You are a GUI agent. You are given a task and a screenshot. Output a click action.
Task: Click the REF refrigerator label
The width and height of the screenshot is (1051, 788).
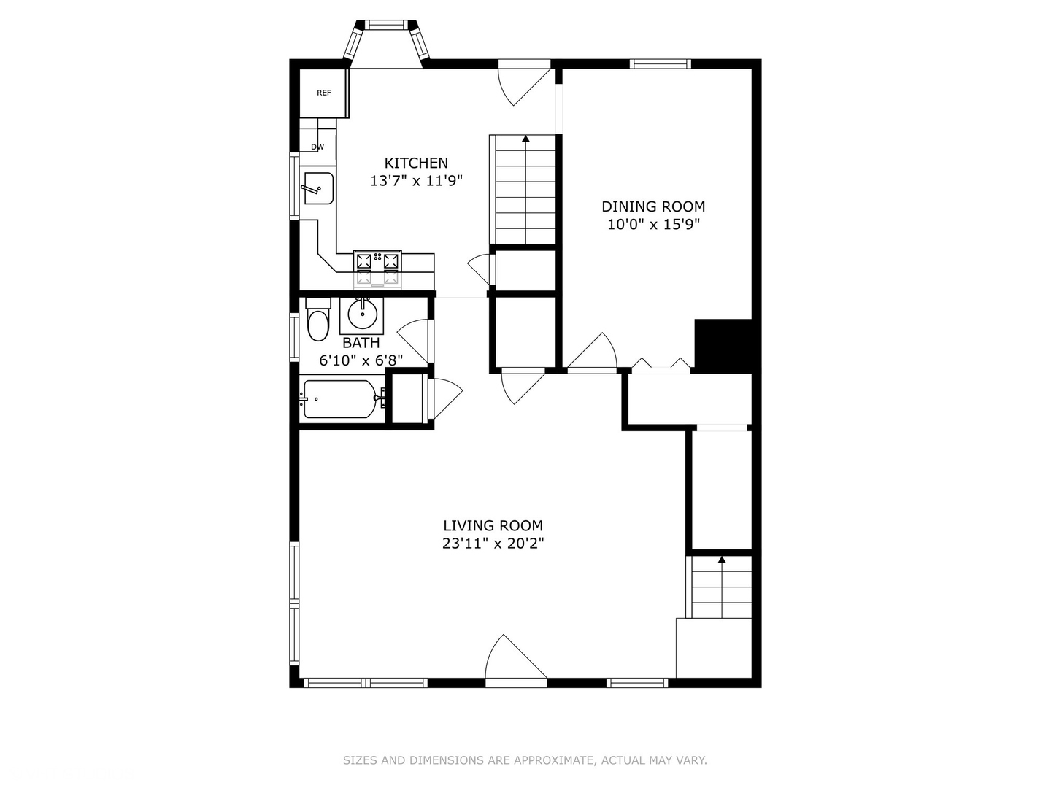click(324, 93)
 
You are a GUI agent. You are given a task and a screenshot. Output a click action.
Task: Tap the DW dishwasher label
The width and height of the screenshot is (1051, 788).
click(317, 147)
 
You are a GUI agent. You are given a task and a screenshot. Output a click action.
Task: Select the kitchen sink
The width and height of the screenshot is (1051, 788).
click(318, 188)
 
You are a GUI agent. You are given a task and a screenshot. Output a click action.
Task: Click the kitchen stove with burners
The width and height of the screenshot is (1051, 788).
click(377, 268)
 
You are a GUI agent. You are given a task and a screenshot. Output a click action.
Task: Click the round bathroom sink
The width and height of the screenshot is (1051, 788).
click(361, 314)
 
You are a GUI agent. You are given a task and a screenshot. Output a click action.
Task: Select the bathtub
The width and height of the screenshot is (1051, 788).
click(340, 399)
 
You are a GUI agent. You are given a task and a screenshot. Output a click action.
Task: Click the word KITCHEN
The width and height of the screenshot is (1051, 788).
click(416, 163)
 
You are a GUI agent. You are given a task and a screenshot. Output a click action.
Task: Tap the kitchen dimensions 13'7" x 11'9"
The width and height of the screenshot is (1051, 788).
click(416, 181)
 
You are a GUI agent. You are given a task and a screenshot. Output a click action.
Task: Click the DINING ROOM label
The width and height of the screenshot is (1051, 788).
click(653, 206)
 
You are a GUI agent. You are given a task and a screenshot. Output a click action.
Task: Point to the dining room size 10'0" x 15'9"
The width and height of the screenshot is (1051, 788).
click(653, 225)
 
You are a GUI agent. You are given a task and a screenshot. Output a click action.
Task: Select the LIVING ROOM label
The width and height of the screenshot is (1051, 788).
click(493, 525)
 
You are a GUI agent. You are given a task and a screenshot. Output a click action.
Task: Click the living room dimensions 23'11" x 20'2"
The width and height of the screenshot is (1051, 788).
click(493, 544)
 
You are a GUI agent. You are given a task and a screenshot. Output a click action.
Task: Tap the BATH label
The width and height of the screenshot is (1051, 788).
click(361, 342)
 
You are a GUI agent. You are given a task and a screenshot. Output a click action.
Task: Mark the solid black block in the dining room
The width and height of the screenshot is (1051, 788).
click(723, 345)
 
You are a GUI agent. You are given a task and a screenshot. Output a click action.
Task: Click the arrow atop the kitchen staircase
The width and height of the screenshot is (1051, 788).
click(525, 138)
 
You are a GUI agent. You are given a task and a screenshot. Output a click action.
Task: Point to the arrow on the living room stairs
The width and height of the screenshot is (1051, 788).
click(722, 560)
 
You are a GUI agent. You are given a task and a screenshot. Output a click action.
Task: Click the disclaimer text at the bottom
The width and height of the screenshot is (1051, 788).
click(525, 760)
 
